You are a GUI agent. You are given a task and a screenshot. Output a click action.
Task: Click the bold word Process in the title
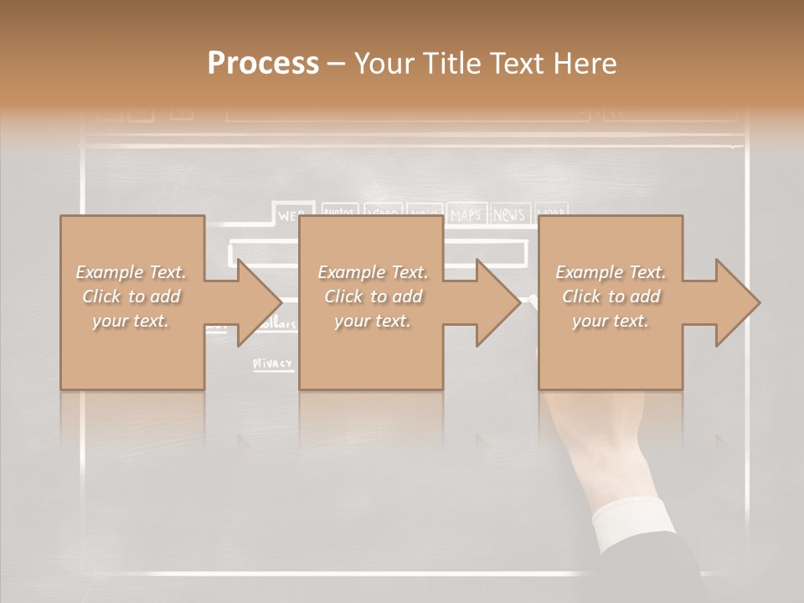pyautogui.click(x=263, y=64)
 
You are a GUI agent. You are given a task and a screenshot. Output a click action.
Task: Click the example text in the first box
pyautogui.click(x=131, y=296)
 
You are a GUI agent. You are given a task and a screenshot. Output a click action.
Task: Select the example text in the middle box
pyautogui.click(x=373, y=296)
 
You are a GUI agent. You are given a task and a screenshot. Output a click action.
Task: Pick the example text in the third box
pyautogui.click(x=611, y=296)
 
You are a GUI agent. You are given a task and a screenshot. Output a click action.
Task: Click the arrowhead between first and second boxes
pyautogui.click(x=255, y=302)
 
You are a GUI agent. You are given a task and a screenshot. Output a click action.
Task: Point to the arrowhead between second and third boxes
pyautogui.click(x=495, y=302)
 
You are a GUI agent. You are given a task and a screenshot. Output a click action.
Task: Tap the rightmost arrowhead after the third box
pyautogui.click(x=734, y=302)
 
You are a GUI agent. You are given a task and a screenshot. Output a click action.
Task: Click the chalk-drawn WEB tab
pyautogui.click(x=291, y=214)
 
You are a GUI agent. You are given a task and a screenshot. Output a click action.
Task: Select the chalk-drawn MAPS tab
pyautogui.click(x=466, y=214)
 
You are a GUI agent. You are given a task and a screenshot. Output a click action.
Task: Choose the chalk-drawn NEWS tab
pyautogui.click(x=508, y=214)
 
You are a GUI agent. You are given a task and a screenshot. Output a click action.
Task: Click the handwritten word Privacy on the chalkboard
pyautogui.click(x=273, y=364)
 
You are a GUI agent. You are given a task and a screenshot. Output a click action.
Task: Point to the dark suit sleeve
pyautogui.click(x=670, y=578)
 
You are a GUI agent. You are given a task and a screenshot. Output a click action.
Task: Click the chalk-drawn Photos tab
pyautogui.click(x=339, y=213)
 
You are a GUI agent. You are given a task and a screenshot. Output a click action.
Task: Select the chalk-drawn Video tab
pyautogui.click(x=384, y=213)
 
